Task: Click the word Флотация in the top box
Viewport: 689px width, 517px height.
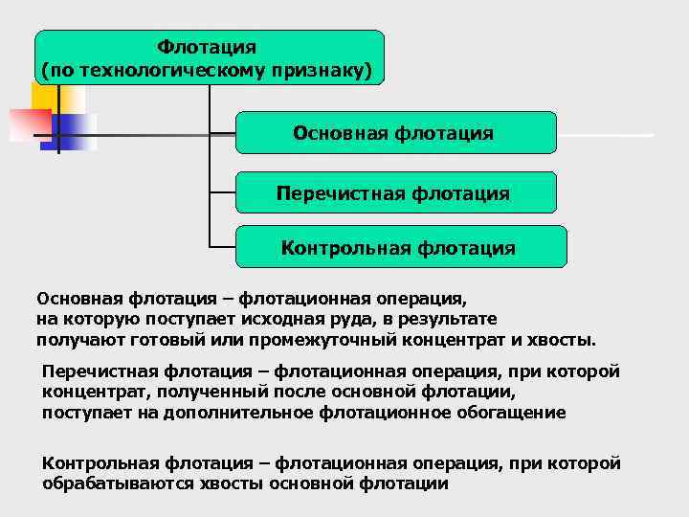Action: (x=208, y=46)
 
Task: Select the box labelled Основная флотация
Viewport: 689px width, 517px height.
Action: (x=395, y=133)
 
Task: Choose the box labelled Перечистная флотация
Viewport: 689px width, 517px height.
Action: (x=395, y=192)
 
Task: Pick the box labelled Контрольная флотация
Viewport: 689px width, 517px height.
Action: (x=400, y=247)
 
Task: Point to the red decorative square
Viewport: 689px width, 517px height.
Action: (x=29, y=125)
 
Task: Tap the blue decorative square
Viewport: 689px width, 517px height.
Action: (x=72, y=132)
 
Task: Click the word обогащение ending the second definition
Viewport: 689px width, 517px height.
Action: (x=516, y=413)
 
